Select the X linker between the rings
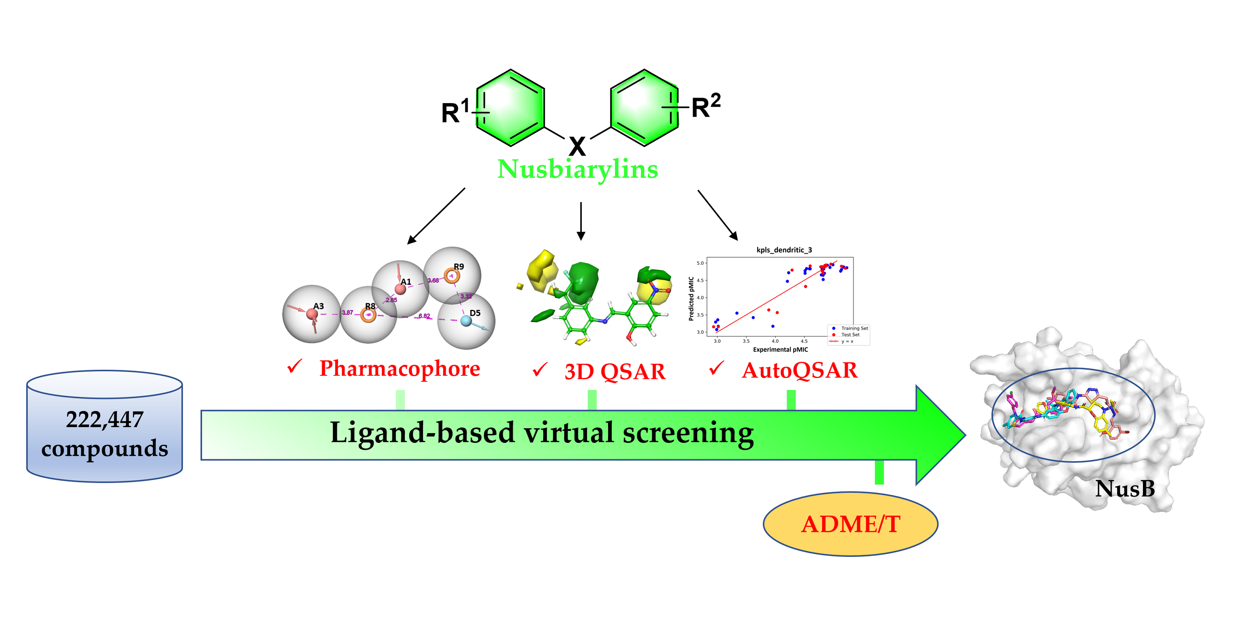[577, 145]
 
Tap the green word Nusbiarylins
[577, 169]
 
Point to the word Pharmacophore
[400, 369]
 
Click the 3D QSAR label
[615, 372]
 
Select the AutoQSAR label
[800, 370]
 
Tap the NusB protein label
[1125, 489]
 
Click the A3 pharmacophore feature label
[318, 306]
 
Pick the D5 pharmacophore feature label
[475, 313]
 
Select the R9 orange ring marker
[451, 276]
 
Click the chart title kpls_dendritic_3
[784, 250]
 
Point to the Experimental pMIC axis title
[780, 349]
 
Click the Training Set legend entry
[854, 328]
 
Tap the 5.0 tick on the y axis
[700, 263]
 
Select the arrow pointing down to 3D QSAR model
[581, 221]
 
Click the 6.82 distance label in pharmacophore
[424, 316]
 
